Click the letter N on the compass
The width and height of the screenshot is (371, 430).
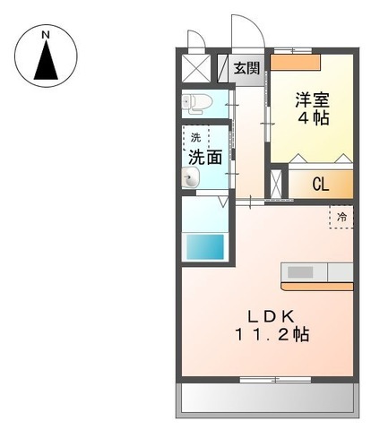(46, 35)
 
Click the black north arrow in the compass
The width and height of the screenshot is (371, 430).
(46, 60)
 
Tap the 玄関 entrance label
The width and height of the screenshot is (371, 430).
(246, 68)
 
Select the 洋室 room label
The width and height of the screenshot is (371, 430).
(313, 100)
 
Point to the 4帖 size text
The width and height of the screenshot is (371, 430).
(314, 118)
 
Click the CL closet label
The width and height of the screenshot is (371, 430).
(321, 185)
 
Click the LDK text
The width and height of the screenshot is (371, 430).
(271, 316)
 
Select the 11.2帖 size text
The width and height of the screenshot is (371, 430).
(272, 334)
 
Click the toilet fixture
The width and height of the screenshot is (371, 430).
(197, 103)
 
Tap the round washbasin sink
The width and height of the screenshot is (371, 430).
(190, 177)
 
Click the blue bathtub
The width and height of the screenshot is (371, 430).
(205, 247)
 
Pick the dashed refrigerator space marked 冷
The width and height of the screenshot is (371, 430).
(341, 217)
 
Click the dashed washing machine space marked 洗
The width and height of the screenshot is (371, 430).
(196, 138)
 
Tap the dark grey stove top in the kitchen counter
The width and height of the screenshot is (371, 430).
(300, 272)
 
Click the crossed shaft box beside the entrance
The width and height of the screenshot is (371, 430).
(196, 68)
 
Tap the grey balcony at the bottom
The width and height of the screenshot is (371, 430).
(267, 398)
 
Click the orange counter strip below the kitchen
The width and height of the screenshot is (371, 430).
(317, 287)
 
